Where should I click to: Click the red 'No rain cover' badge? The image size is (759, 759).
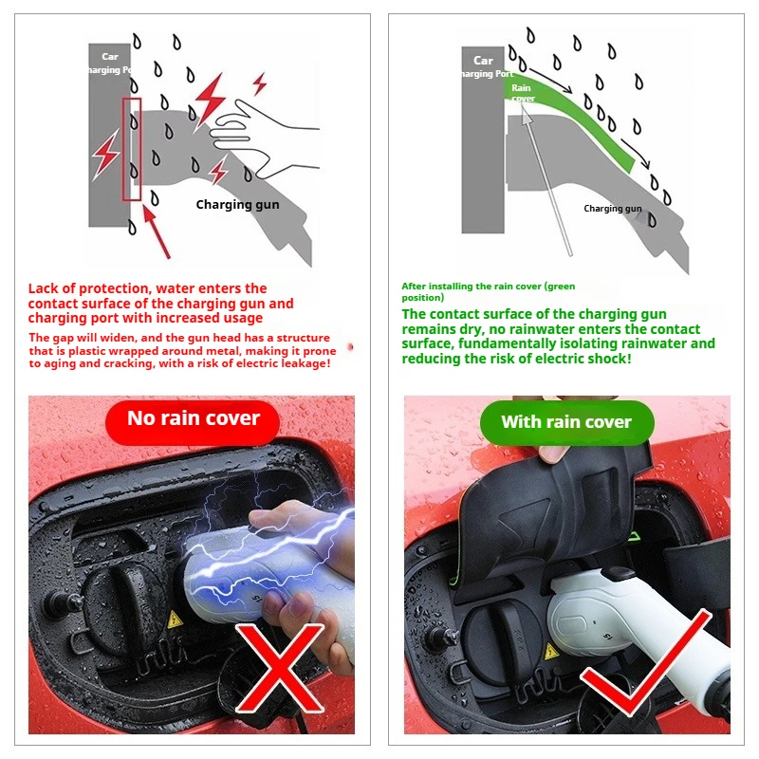(x=193, y=419)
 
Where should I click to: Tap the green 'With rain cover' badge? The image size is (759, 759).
(x=566, y=422)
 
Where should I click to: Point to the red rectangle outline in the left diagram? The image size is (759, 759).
(x=132, y=149)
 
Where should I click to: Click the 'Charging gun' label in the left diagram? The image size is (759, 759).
(x=237, y=204)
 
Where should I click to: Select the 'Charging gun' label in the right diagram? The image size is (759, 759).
(x=612, y=209)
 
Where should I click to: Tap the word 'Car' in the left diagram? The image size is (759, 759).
(x=110, y=57)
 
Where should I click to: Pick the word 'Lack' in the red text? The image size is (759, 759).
(x=44, y=288)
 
